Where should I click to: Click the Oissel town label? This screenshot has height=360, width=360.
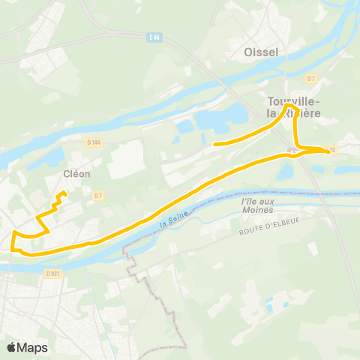[261, 52]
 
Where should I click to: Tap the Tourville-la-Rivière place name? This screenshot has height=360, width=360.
[294, 106]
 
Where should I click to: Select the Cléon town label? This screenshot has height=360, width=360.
[76, 173]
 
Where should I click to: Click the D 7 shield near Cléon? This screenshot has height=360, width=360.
[98, 196]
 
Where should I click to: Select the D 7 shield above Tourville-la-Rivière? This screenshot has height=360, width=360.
[311, 78]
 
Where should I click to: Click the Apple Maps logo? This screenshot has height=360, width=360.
[28, 347]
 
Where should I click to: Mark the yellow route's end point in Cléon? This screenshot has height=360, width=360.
[61, 193]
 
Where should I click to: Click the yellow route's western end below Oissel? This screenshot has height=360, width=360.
[215, 143]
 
